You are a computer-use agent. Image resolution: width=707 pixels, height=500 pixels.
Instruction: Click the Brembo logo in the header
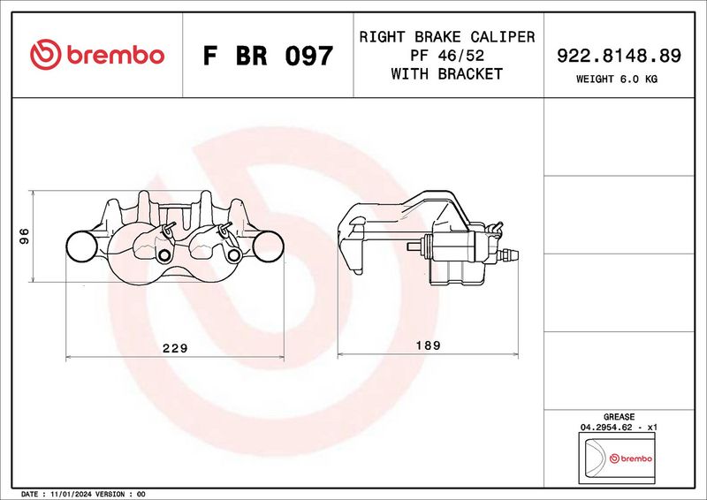(x=97, y=55)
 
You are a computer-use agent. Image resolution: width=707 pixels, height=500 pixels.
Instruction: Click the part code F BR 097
(x=268, y=56)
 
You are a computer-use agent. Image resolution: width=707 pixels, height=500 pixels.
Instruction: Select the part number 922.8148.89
(x=620, y=56)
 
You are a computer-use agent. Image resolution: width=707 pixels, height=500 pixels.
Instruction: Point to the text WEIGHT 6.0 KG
(x=617, y=80)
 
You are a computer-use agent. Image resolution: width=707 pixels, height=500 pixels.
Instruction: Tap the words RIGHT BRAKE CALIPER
(x=447, y=37)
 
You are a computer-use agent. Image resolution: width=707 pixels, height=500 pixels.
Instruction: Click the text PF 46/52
(x=447, y=56)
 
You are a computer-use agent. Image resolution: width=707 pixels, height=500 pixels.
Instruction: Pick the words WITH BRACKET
(x=447, y=73)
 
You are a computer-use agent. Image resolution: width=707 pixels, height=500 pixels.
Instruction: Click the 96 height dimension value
(x=25, y=236)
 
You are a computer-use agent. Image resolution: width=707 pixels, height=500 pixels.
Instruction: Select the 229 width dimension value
(x=175, y=348)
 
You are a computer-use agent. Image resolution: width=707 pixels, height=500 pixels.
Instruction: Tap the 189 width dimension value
(x=428, y=345)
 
